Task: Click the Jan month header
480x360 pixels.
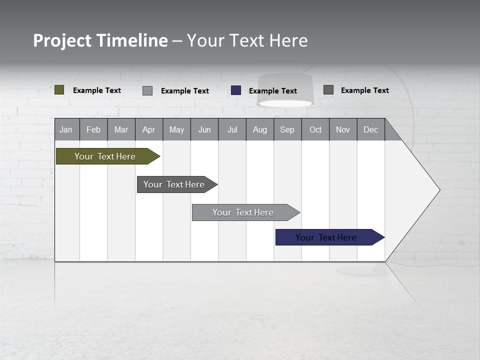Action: click(66, 129)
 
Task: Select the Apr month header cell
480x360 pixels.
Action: click(148, 129)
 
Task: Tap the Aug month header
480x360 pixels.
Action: click(259, 129)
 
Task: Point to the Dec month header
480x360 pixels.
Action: click(370, 129)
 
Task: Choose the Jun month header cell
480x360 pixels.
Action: click(204, 129)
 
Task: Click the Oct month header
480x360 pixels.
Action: click(315, 129)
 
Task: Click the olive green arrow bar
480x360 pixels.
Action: click(105, 156)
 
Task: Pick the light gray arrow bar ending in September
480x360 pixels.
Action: click(243, 212)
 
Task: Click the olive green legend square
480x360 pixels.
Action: click(59, 90)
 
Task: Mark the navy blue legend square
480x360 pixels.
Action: click(236, 90)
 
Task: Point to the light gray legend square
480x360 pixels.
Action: click(147, 90)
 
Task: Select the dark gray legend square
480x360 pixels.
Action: click(328, 90)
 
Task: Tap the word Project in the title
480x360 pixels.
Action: click(62, 40)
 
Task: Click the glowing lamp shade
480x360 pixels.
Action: click(284, 91)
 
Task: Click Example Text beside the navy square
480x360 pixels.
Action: click(272, 91)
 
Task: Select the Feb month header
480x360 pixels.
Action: click(93, 129)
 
